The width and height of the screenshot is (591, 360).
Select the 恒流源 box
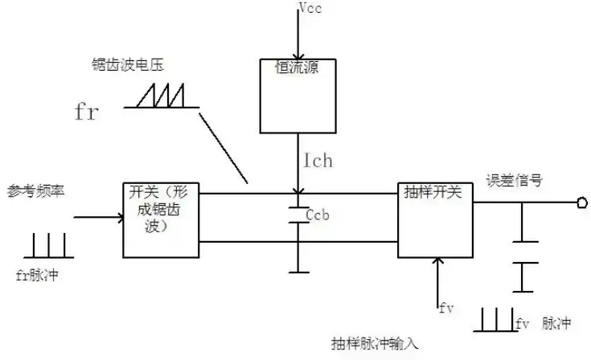297,95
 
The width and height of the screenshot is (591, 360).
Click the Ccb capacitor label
319,215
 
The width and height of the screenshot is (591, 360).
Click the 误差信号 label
514,181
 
